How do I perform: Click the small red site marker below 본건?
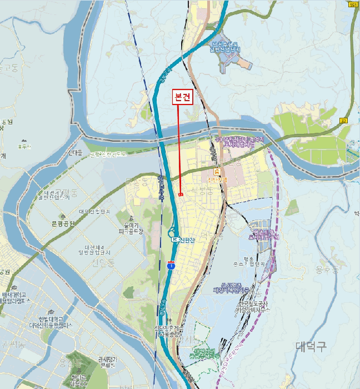[x=181, y=194]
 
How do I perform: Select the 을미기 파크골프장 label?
[x=131, y=228]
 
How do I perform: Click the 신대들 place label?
[x=74, y=153]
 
